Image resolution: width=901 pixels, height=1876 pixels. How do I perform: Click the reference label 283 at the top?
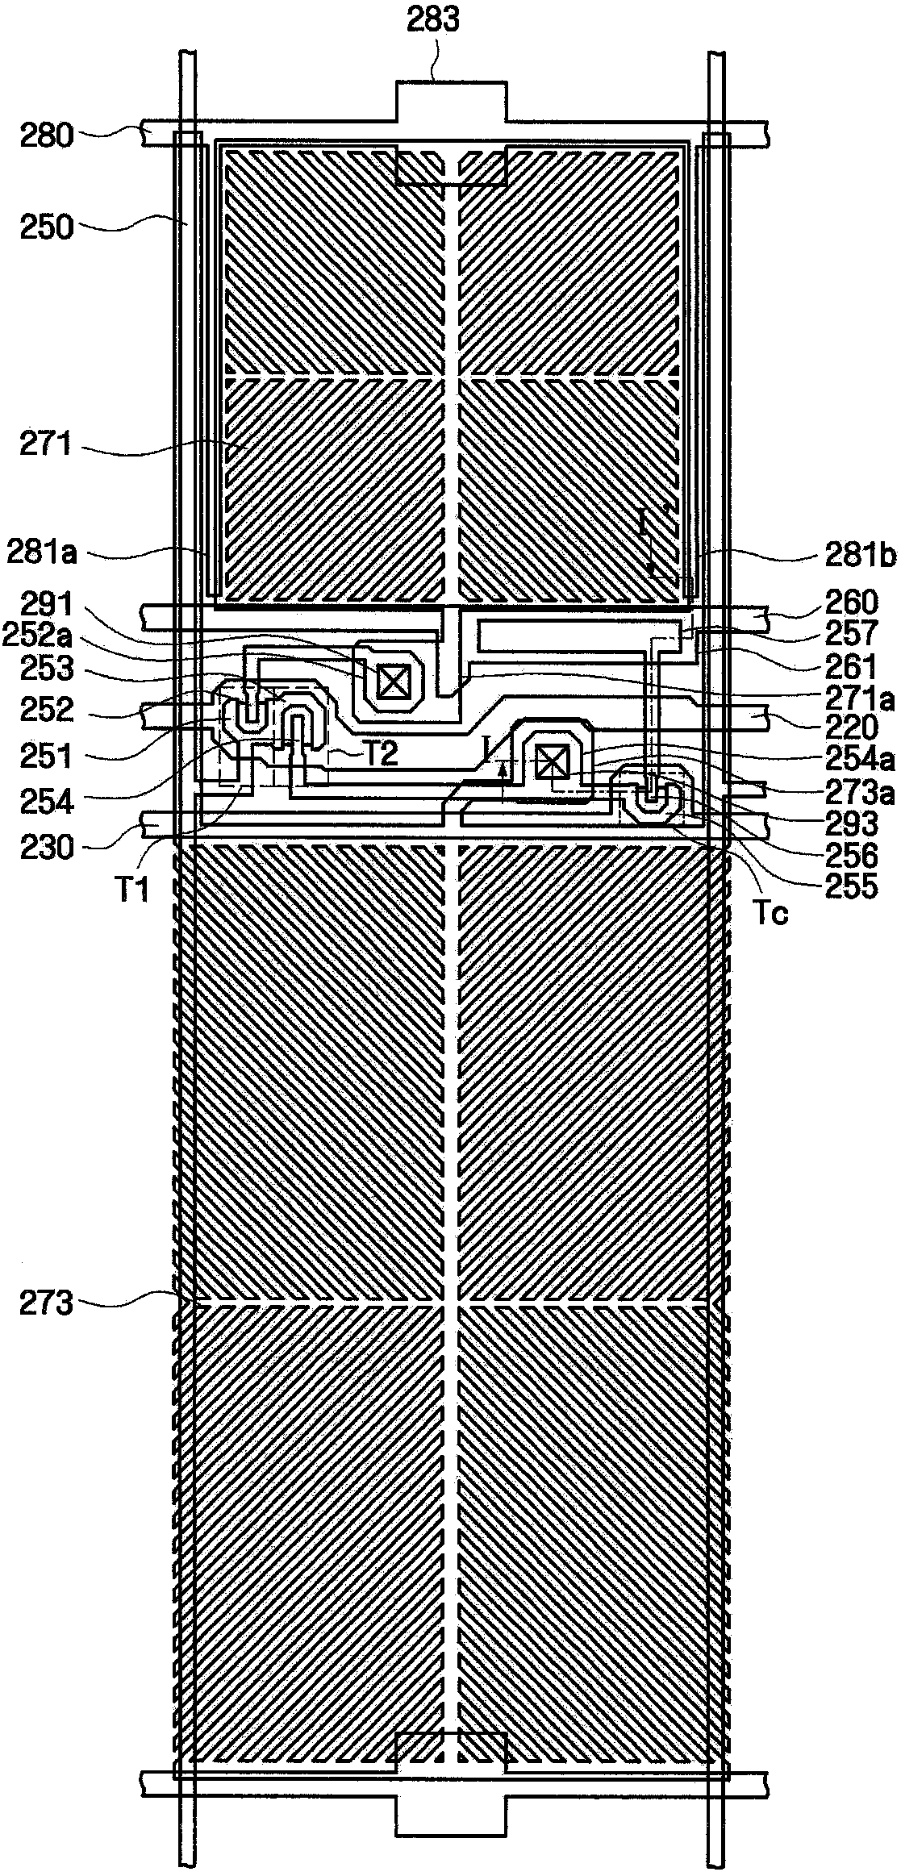pos(435,21)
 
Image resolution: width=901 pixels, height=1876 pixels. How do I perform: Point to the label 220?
pos(856,727)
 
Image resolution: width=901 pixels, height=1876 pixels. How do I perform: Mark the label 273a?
pos(866,793)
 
